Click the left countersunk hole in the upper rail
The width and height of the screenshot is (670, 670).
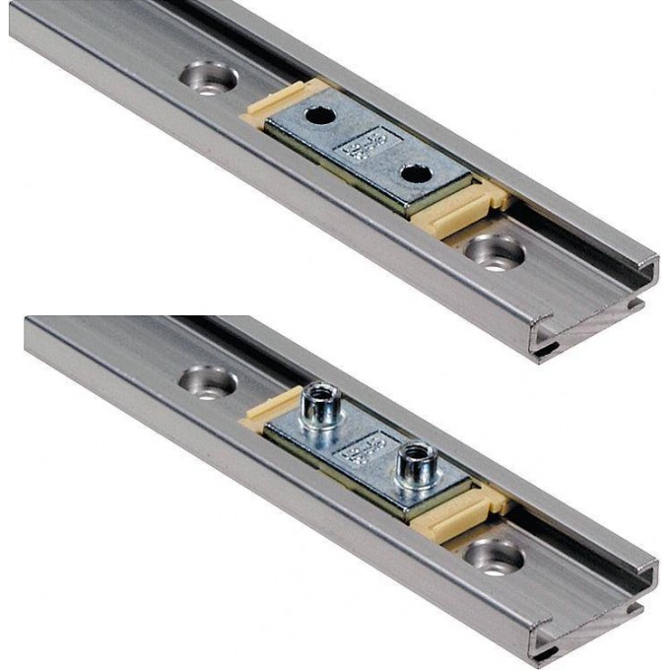[x=207, y=78]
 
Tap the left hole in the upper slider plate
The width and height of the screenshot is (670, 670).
[x=317, y=116]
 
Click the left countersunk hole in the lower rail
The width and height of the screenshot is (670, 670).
[x=207, y=380]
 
